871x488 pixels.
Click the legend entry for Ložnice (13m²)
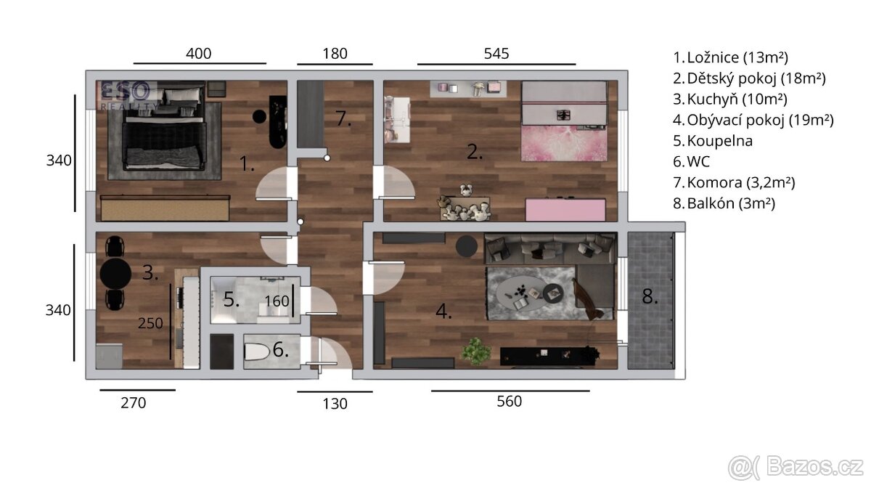[730, 57]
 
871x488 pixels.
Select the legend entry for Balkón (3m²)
[724, 203]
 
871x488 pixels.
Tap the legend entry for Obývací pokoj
[753, 120]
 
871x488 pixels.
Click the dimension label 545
[496, 53]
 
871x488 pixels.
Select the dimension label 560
[509, 401]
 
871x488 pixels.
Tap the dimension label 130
[335, 404]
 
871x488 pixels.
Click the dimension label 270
[133, 402]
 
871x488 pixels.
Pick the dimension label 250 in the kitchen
[150, 323]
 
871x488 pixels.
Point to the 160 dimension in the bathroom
[277, 301]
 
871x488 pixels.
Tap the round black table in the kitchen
[115, 274]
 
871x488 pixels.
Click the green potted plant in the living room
[476, 351]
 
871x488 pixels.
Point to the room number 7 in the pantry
[343, 118]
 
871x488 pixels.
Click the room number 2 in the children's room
[474, 152]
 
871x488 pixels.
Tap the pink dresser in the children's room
[565, 210]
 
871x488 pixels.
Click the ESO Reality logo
[128, 94]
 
